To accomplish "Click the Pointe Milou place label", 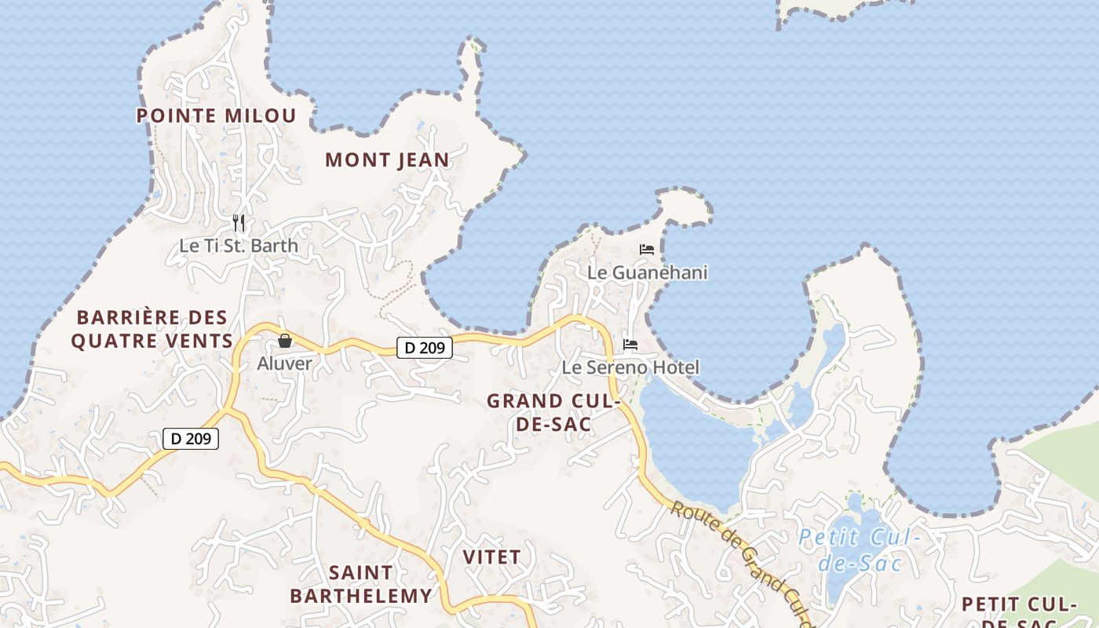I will (x=216, y=116).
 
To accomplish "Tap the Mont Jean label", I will (x=387, y=160).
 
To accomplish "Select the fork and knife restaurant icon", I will (x=239, y=223).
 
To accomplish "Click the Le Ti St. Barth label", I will (x=239, y=246).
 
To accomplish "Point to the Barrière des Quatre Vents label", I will (x=152, y=330).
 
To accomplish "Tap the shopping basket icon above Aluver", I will (x=285, y=341).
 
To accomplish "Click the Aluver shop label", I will (x=284, y=363).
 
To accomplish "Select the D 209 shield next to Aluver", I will (x=424, y=348).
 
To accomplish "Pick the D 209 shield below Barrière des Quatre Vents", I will (x=191, y=439).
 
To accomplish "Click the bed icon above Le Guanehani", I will (x=647, y=250).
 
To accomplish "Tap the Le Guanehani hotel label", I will (x=648, y=273).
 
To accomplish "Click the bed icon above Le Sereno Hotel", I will (x=630, y=345).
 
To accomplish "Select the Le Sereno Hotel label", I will (x=630, y=367).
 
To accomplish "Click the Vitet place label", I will (x=491, y=557).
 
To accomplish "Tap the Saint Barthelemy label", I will (x=361, y=584).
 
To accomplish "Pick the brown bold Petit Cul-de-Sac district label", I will (x=1018, y=612).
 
